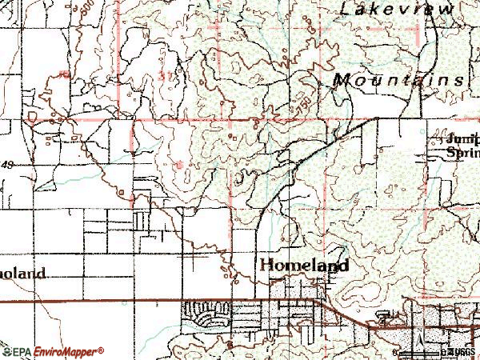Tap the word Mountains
point(398,80)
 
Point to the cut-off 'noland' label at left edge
point(22,272)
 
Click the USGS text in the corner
point(462,350)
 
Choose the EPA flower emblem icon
point(7,350)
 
